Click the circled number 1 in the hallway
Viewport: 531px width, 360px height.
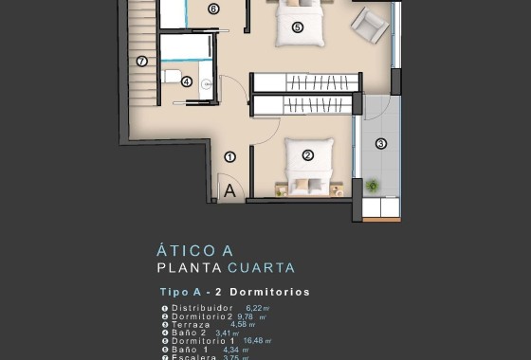(229, 156)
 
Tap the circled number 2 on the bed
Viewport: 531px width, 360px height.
(307, 155)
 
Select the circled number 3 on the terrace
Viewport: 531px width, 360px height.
(381, 144)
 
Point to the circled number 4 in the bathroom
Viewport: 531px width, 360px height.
(187, 81)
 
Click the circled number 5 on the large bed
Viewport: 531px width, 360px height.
(297, 27)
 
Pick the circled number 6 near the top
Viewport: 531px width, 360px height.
(212, 9)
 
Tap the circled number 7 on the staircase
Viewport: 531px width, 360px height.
(141, 62)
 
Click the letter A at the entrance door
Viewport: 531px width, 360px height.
(229, 190)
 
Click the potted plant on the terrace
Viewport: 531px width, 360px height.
(372, 185)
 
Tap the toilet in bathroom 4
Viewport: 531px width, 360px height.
(172, 76)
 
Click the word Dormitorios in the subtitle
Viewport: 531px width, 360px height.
(270, 292)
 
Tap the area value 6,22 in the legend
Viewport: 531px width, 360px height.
(256, 308)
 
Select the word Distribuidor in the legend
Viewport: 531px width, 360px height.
(203, 308)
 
